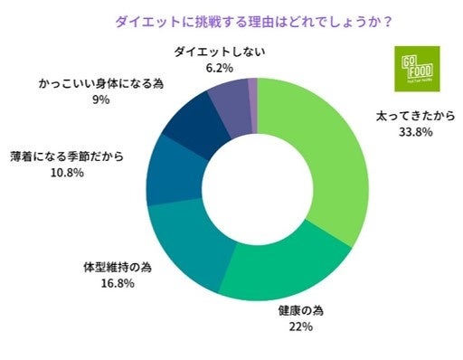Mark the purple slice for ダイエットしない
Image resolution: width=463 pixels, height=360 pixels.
point(230,95)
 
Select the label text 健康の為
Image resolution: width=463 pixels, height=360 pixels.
point(301,310)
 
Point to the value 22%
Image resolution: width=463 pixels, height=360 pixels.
point(301,327)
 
